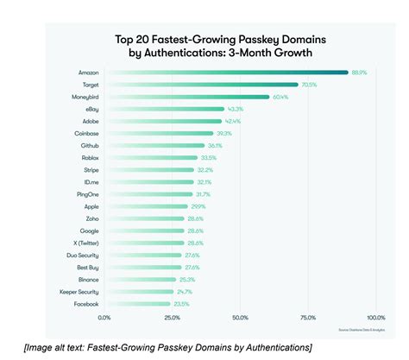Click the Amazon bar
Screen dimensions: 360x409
(x=224, y=73)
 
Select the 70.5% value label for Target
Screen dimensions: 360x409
(x=310, y=85)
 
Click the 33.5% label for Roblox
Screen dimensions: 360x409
(x=208, y=158)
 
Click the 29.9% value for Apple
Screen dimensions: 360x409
(x=198, y=207)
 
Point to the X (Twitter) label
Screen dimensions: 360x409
(x=80, y=243)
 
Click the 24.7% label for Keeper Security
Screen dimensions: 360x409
(x=185, y=293)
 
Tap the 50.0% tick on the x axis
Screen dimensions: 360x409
(x=240, y=318)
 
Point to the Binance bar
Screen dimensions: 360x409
(x=139, y=280)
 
